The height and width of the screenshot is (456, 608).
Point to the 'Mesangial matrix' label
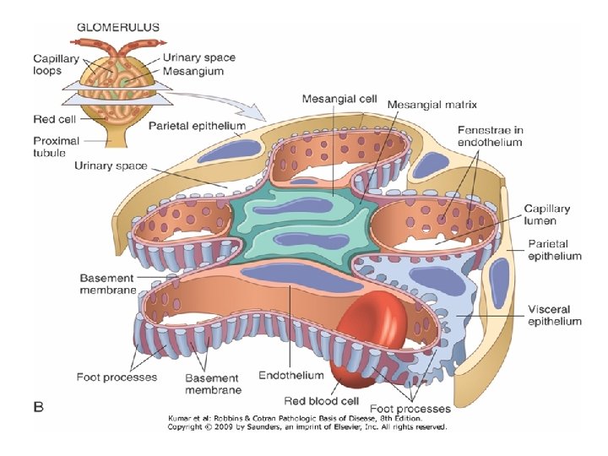coord(432,106)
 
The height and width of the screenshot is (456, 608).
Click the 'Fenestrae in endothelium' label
coord(490,136)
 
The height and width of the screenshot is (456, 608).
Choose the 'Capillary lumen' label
coord(546,214)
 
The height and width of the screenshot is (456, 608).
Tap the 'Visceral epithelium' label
coord(554,314)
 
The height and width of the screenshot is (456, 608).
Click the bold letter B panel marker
coord(38,407)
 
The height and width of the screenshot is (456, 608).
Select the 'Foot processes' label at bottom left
coord(116,377)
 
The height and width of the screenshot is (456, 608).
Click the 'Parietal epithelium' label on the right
coord(554,250)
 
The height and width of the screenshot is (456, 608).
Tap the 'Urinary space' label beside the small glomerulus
coord(198,57)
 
